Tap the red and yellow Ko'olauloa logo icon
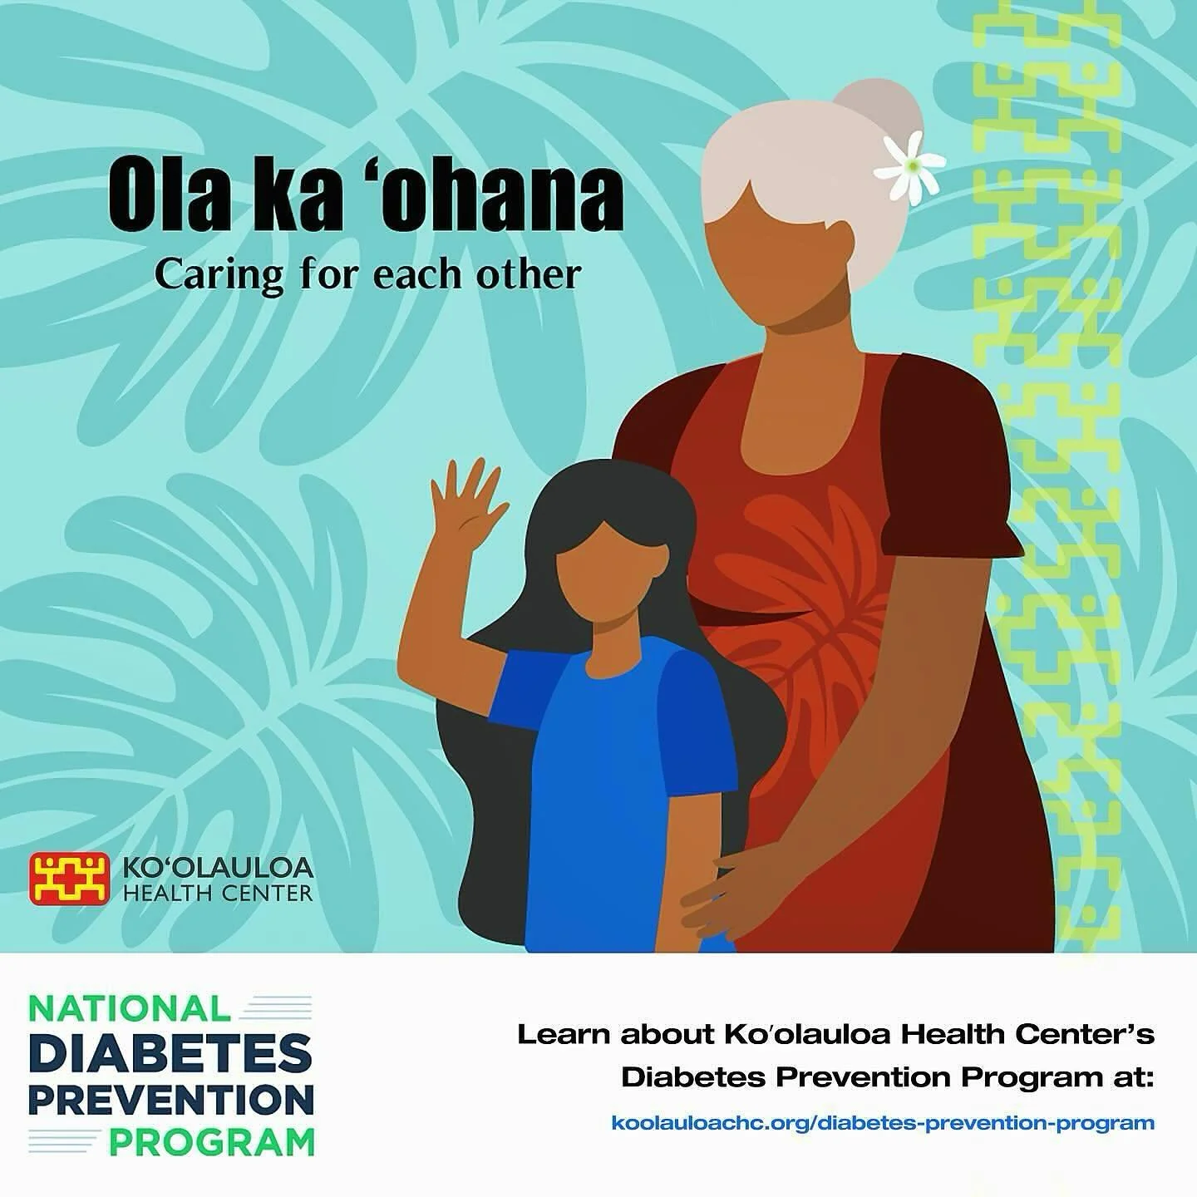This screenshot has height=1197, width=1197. point(70,879)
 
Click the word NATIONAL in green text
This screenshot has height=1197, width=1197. point(130,1008)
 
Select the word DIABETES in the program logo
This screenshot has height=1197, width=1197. point(170,1054)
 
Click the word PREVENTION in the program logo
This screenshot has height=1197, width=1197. point(170,1099)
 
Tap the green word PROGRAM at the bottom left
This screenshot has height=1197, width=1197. point(212,1142)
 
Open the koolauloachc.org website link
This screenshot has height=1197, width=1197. point(882,1123)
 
